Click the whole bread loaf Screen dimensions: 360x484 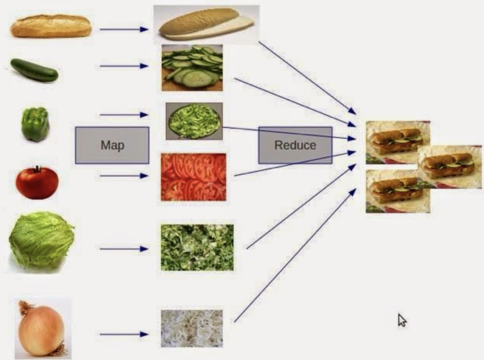51,26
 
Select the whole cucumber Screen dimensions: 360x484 34,70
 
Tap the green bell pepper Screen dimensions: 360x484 35,124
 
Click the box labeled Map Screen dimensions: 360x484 112,145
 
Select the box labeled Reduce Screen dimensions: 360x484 295,145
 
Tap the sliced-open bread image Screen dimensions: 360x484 207,24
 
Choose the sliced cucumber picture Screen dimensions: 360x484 192,67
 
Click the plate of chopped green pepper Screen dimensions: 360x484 194,121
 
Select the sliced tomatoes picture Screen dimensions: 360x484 193,177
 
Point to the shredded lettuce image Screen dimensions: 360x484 197,247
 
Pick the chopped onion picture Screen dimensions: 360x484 192,328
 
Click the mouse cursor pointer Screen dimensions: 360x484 402,320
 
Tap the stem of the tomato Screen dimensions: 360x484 37,169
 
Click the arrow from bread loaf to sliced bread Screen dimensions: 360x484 124,29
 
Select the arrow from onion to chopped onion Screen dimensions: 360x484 124,334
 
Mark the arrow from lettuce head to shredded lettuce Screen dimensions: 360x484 124,249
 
